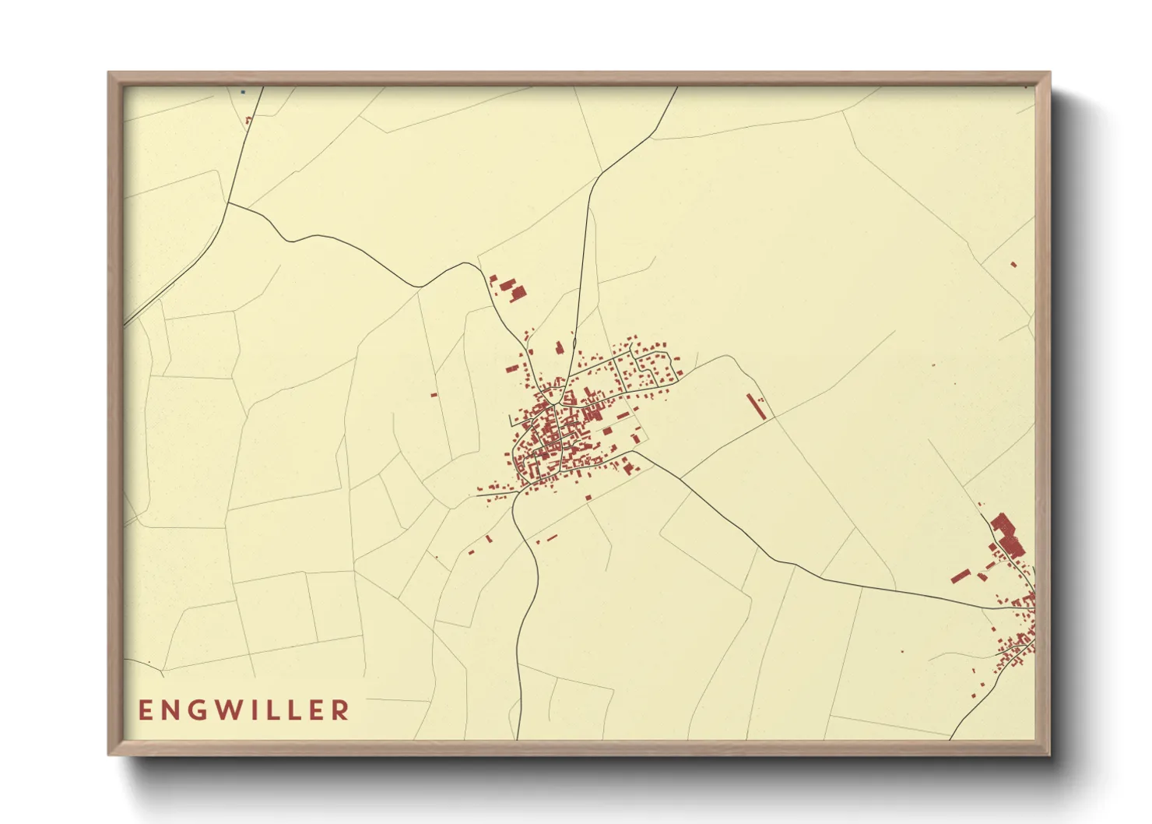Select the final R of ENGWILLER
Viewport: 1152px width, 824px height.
(340, 710)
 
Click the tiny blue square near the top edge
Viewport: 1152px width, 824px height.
(243, 92)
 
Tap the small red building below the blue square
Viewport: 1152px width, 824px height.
(248, 120)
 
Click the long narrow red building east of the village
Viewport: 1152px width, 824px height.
(756, 406)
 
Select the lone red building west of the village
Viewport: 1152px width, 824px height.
(434, 395)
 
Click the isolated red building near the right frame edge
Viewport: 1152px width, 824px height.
(1013, 264)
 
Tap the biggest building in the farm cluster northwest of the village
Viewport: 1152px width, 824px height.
(517, 292)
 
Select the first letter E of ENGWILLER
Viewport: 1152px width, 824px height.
(144, 710)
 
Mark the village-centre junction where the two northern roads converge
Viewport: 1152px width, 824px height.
(554, 405)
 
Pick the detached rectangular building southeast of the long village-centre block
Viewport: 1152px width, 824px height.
(608, 430)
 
